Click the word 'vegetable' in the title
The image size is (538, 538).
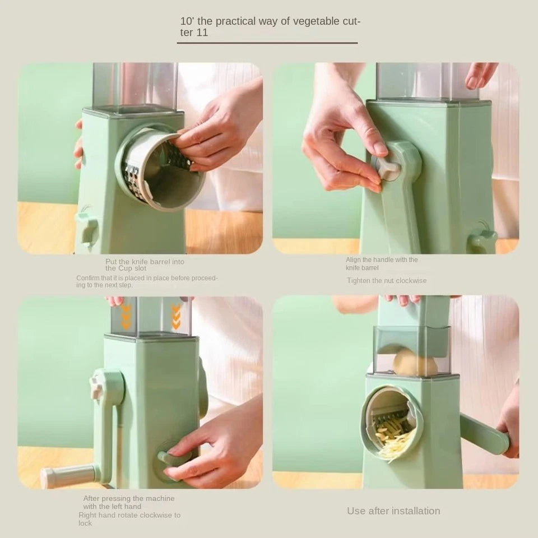[x=312, y=21]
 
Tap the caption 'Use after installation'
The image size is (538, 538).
[x=393, y=511]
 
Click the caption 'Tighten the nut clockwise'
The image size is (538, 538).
[x=386, y=280]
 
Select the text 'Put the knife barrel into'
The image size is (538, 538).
[x=145, y=261]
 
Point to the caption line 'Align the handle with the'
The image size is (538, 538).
[x=382, y=259]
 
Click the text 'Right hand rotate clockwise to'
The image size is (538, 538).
[x=129, y=515]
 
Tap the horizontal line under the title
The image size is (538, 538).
[x=267, y=43]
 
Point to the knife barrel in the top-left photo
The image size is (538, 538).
[x=160, y=168]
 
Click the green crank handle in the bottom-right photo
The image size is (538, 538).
[x=483, y=434]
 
